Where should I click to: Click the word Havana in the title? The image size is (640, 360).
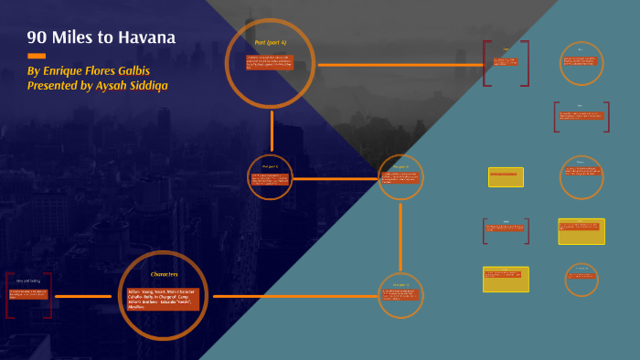[146, 38]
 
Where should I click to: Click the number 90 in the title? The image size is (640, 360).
[37, 38]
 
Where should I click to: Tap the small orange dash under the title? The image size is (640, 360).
[37, 56]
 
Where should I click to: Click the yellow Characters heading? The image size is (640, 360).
[164, 274]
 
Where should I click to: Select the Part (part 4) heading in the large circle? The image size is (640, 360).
[270, 42]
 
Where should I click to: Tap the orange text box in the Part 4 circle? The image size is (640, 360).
[270, 63]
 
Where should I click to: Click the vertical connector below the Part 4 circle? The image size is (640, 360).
[272, 130]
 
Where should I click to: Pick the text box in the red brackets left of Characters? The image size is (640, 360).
[28, 295]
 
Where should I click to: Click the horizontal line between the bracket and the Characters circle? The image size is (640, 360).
[83, 296]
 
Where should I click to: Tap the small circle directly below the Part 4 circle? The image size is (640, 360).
[271, 177]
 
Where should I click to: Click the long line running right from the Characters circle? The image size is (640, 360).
[293, 296]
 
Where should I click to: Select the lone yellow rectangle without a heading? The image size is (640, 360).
[506, 176]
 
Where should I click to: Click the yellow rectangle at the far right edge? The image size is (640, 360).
[581, 231]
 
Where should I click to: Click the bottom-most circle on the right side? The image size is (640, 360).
[581, 279]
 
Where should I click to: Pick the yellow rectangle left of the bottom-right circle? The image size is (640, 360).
[506, 279]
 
